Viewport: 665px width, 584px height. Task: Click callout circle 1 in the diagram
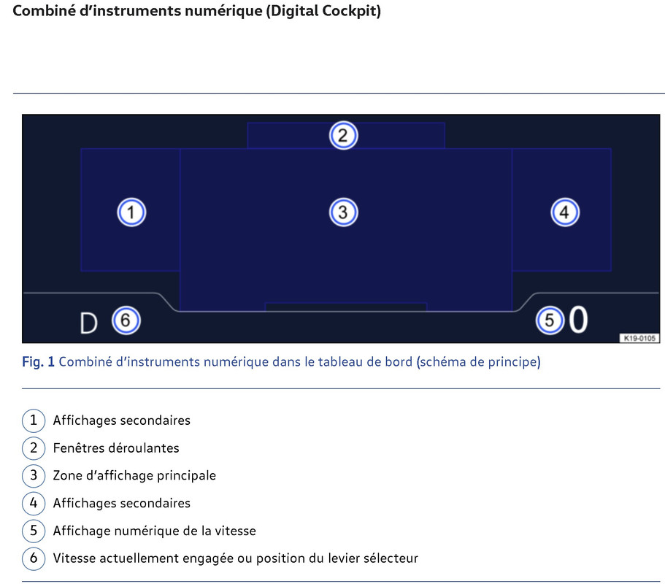131,212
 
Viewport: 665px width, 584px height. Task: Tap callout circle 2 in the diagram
343,135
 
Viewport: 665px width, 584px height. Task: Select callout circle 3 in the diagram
343,212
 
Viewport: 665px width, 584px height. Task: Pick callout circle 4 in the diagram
564,212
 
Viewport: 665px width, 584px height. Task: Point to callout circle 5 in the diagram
550,320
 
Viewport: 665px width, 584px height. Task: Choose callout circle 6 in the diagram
126,320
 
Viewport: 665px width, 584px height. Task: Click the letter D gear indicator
88,323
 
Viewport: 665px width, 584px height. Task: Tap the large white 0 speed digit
578,320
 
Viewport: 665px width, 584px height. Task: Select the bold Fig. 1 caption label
38,362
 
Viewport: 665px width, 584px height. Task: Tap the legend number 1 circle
34,420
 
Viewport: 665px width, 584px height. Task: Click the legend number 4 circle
34,503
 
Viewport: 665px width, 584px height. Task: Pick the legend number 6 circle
34,558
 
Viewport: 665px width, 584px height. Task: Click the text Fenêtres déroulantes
116,448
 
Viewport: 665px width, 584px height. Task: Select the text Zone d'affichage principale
134,475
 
